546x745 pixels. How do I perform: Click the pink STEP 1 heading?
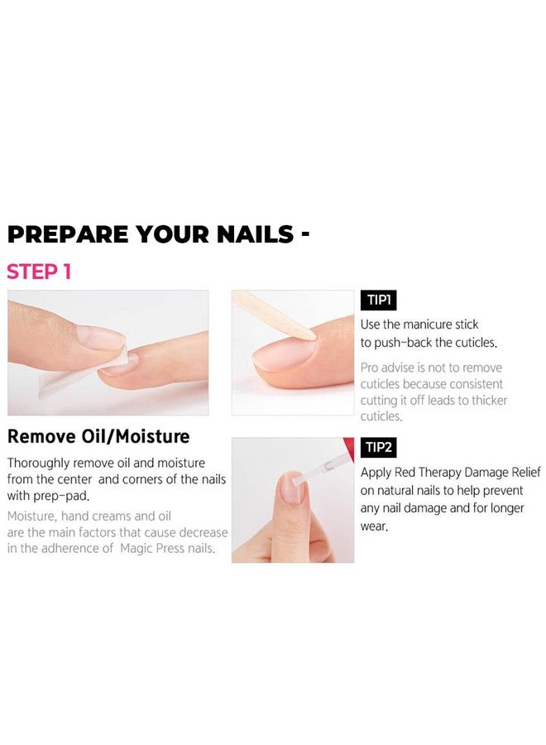click(39, 272)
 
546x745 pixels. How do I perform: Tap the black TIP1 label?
click(378, 300)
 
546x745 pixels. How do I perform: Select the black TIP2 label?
click(378, 448)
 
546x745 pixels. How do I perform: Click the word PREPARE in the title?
click(67, 234)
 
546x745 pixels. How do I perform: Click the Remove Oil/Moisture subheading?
click(98, 436)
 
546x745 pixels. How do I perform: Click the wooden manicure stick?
click(273, 315)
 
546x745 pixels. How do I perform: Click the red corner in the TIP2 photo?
click(349, 445)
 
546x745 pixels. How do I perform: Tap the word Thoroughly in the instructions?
click(38, 464)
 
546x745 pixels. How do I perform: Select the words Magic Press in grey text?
click(152, 548)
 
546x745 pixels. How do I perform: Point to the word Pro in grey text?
click(370, 368)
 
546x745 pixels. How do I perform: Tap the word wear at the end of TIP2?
click(374, 527)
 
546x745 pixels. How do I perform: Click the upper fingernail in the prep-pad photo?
click(101, 338)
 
